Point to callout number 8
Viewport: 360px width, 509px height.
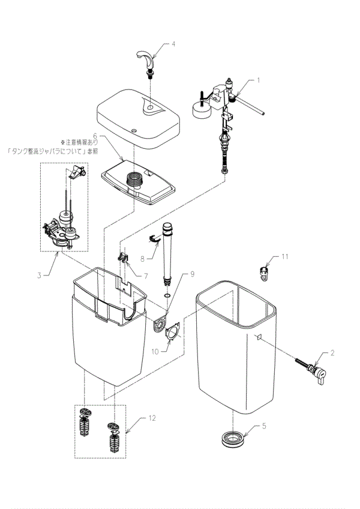click(143, 260)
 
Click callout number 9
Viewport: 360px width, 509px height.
click(193, 274)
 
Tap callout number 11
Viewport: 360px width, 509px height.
click(286, 256)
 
